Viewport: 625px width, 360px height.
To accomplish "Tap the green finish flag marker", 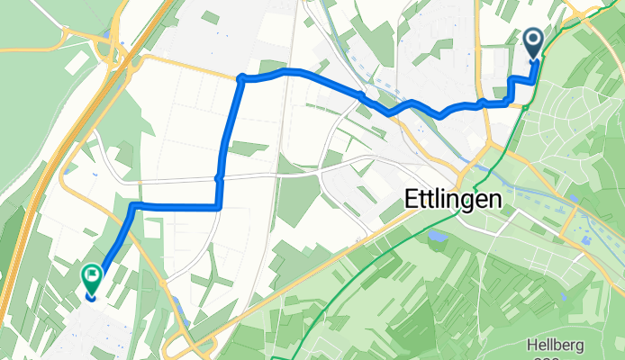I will point(91,275).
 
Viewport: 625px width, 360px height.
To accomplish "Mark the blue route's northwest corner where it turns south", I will point(240,79).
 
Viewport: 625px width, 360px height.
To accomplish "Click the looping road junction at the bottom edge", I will point(192,346).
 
